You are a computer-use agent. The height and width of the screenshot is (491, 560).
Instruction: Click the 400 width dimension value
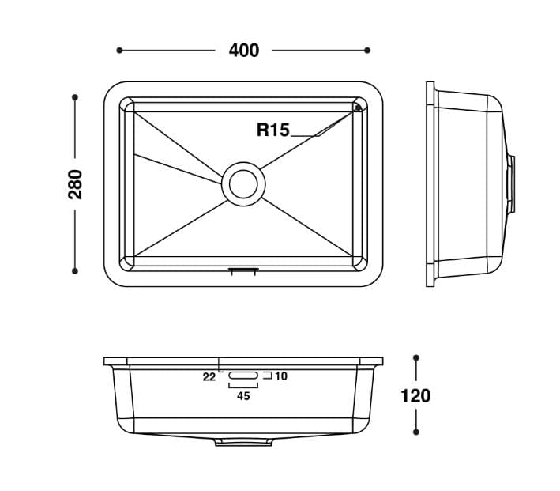(244, 51)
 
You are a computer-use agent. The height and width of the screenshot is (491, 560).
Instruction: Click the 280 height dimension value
(75, 184)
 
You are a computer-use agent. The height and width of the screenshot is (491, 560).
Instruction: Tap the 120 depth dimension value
(415, 396)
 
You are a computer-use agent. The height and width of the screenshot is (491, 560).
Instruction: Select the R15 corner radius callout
(272, 130)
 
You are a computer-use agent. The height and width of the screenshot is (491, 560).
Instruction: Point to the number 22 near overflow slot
(209, 376)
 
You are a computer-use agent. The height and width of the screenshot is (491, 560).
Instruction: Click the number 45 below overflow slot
(243, 396)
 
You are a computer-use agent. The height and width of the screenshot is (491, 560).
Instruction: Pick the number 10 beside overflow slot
(281, 376)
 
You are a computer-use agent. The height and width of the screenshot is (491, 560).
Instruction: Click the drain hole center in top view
(243, 183)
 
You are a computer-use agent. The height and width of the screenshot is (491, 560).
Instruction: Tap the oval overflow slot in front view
(243, 375)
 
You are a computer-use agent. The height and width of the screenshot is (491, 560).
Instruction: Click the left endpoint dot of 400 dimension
(119, 51)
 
